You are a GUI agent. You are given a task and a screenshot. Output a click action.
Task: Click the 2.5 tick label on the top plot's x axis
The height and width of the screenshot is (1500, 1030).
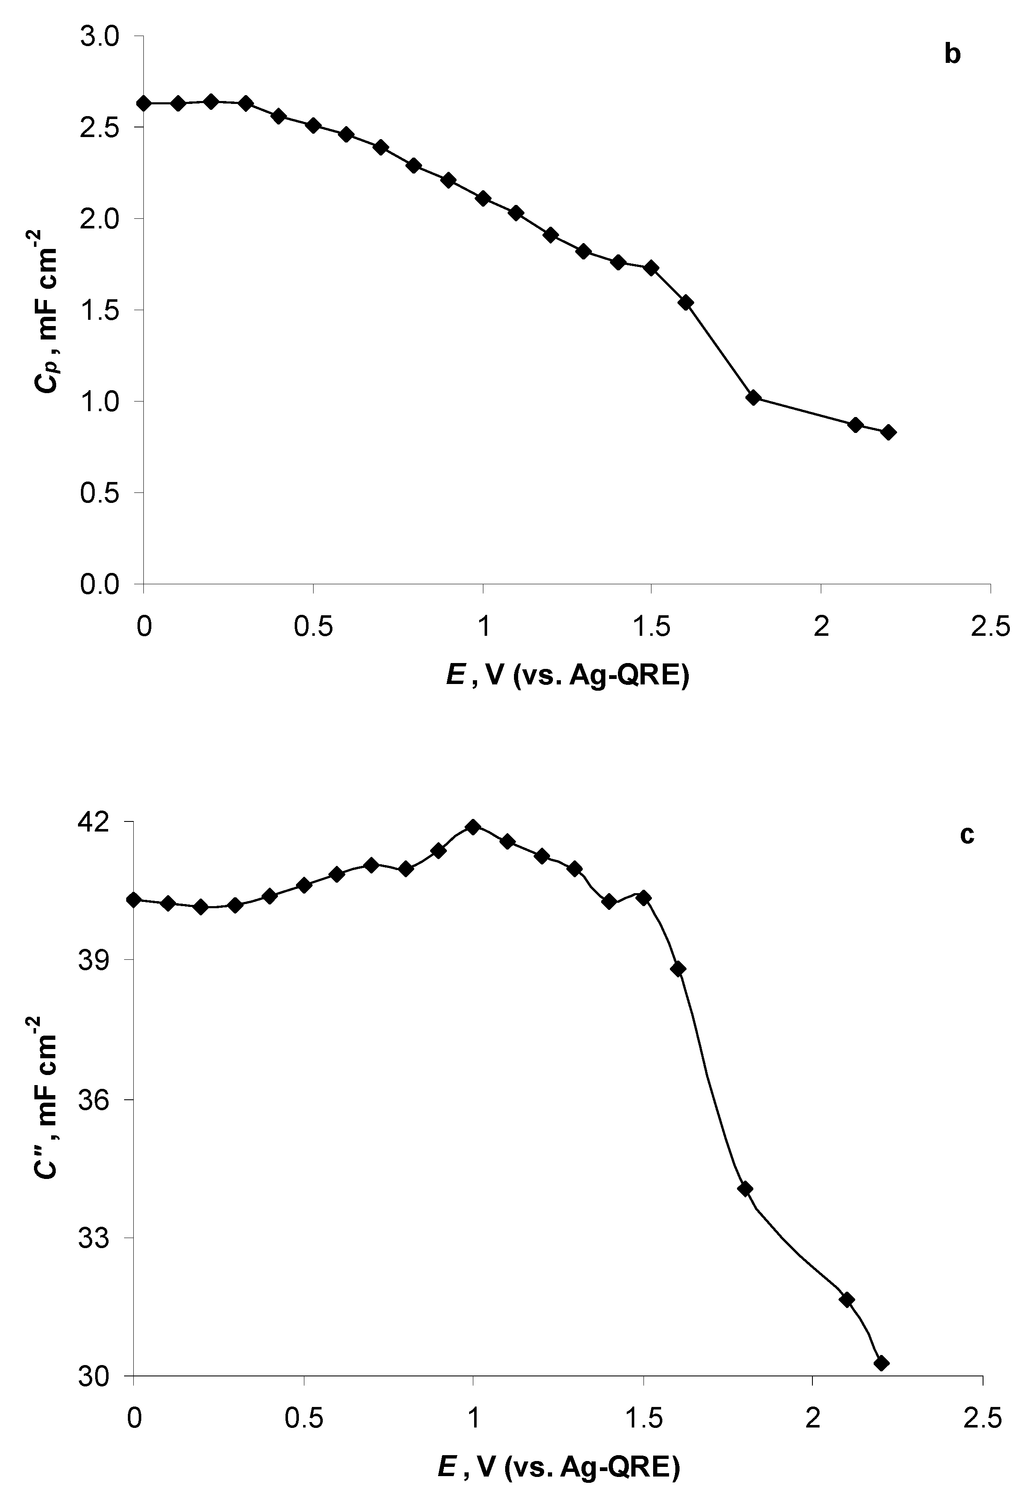click(x=990, y=627)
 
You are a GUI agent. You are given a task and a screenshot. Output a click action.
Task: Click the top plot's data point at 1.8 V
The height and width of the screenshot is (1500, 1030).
click(x=753, y=398)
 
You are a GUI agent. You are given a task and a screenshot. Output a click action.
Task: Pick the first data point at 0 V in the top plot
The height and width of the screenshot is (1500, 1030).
click(x=144, y=103)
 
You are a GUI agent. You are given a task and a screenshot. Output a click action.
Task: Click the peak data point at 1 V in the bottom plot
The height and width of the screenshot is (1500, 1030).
click(x=473, y=827)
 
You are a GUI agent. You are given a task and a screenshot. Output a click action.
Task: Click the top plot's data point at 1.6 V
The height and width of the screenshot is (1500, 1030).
click(x=686, y=303)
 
